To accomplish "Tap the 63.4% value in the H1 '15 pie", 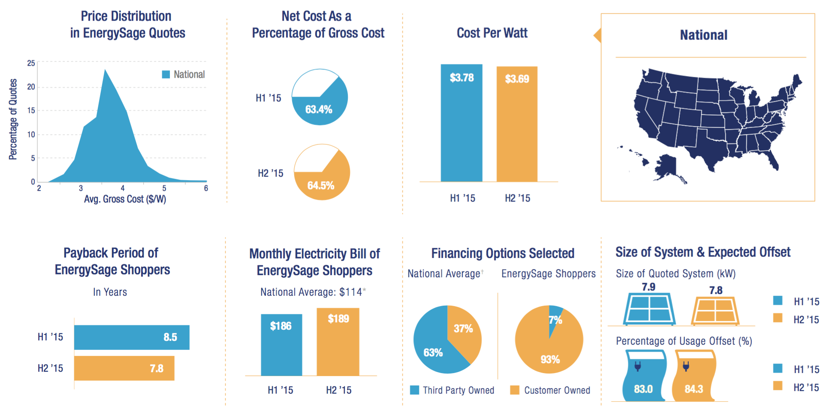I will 319,109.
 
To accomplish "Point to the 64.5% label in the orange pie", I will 321,185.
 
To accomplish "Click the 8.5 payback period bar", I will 132,337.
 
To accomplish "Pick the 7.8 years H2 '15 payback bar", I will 124,368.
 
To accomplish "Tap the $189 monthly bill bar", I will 338,342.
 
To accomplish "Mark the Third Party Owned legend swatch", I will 414,390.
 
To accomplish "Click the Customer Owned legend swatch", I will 515,390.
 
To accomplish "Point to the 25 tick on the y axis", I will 31,63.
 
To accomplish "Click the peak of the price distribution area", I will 105,70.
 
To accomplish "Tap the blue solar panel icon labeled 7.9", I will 649,309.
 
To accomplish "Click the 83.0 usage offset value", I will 643,389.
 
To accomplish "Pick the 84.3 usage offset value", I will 694,389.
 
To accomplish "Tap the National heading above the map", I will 704,35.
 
